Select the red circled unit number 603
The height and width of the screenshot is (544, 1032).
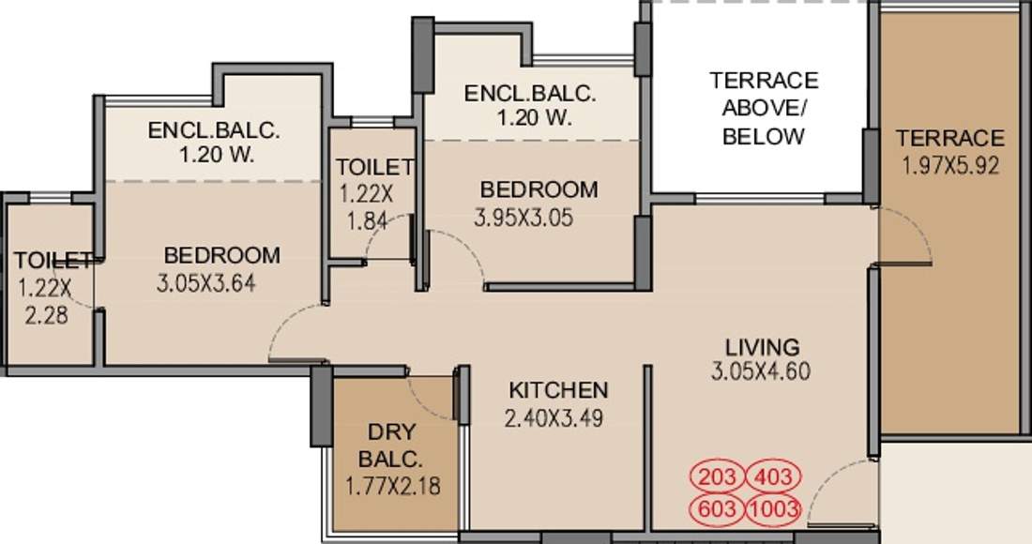point(718,509)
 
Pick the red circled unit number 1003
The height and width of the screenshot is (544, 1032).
point(774,509)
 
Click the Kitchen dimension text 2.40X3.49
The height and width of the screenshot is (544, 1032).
point(554,418)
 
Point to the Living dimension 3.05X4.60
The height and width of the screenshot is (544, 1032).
point(760,370)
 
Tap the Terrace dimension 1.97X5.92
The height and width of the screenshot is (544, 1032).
point(949,167)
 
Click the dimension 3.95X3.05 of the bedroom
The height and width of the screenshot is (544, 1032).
point(524,219)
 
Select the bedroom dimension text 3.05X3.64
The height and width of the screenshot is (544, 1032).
point(206,283)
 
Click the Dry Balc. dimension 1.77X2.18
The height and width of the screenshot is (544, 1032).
point(393,486)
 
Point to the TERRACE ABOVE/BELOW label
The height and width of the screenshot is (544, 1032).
point(763,108)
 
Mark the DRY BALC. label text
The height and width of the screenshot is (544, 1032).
point(393,446)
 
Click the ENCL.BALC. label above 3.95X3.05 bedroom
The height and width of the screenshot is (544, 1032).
point(530,94)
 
